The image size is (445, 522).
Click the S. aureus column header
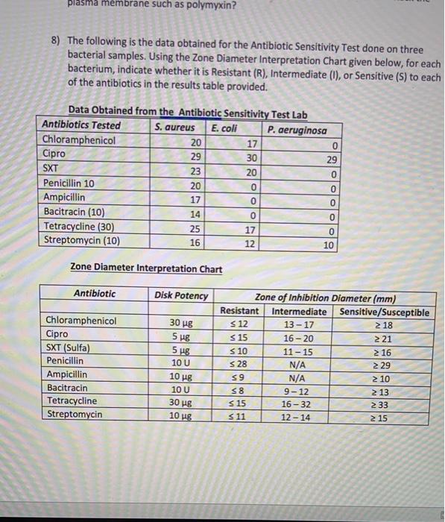pos(174,126)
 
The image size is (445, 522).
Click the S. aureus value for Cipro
pos(196,154)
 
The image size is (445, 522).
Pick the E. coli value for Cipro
pos(252,158)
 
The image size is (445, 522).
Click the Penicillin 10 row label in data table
pos(69,183)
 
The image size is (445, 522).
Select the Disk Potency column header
pos(181,295)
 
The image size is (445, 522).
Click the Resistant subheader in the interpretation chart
pos(239,311)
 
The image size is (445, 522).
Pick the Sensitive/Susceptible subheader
pos(384,312)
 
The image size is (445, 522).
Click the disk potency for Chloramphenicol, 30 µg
pos(181,322)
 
